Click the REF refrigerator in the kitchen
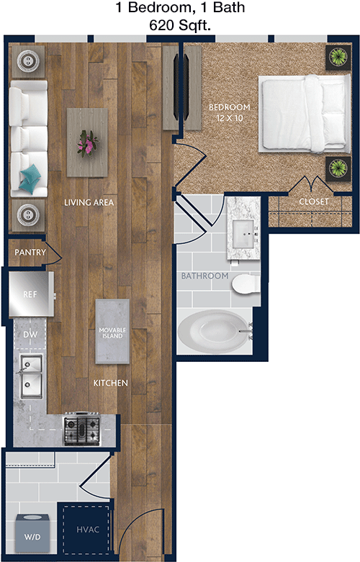click(32, 294)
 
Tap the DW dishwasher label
click(30, 335)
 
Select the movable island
click(112, 332)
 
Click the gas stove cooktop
click(82, 429)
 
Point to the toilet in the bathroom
click(246, 284)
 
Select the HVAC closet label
click(88, 530)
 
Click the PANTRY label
click(30, 253)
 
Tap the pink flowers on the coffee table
click(87, 143)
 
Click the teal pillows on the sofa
click(30, 178)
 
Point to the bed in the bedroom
click(304, 114)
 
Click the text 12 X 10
click(230, 118)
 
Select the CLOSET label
click(314, 201)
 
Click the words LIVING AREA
click(89, 202)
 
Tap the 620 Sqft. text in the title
click(180, 25)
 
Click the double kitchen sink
click(31, 376)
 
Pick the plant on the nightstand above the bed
click(338, 57)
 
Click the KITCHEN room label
click(110, 383)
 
